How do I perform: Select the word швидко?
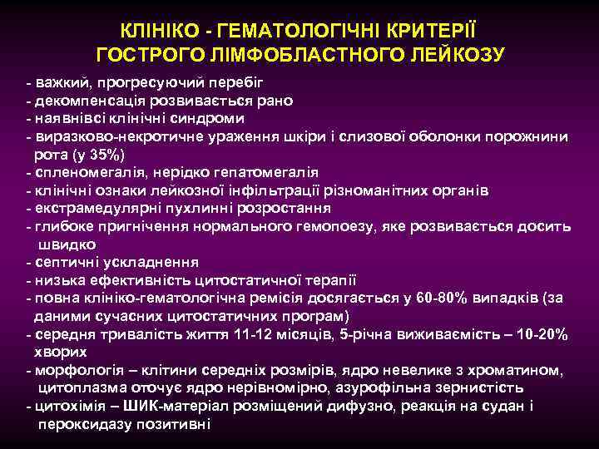67,244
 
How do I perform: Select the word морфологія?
76,370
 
